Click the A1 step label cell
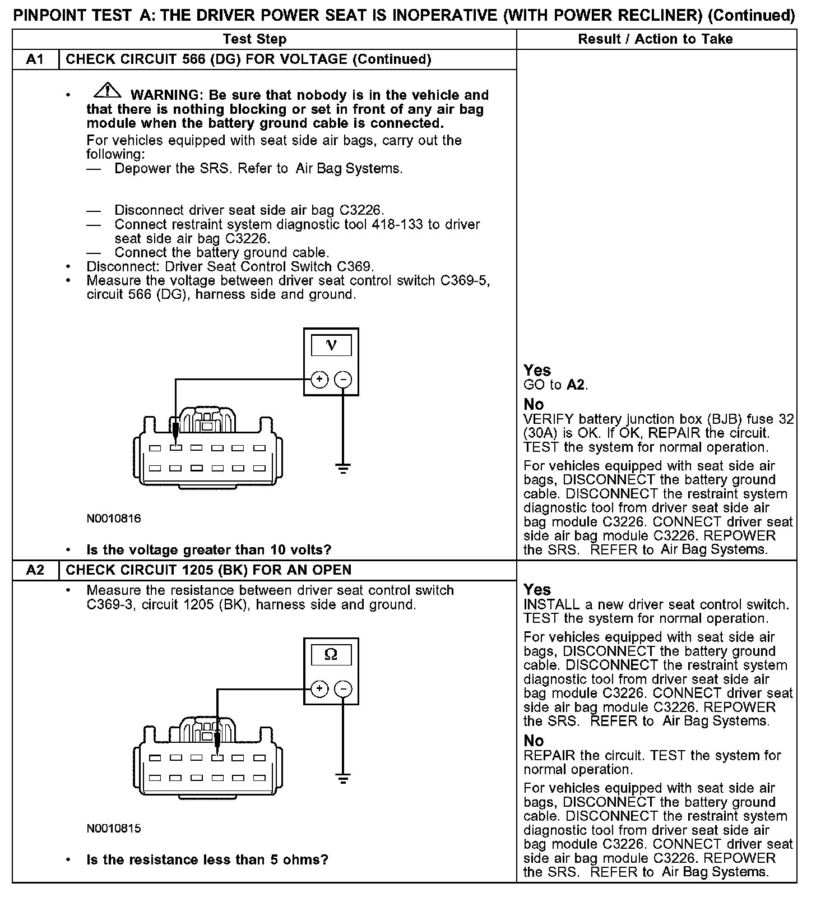click(35, 59)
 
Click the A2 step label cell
click(35, 570)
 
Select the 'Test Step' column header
click(254, 39)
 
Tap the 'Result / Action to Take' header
click(655, 39)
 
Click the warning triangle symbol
click(108, 90)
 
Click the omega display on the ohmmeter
click(331, 655)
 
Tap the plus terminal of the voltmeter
click(319, 380)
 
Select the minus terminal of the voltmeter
click(343, 380)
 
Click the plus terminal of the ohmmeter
click(319, 689)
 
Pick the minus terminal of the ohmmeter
click(343, 689)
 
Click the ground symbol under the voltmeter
click(343, 468)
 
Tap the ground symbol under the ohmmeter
click(343, 778)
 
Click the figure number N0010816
click(114, 519)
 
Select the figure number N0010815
click(114, 828)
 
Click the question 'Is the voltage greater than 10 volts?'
click(209, 549)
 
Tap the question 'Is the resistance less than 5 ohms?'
click(207, 859)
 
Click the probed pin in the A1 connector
click(176, 448)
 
